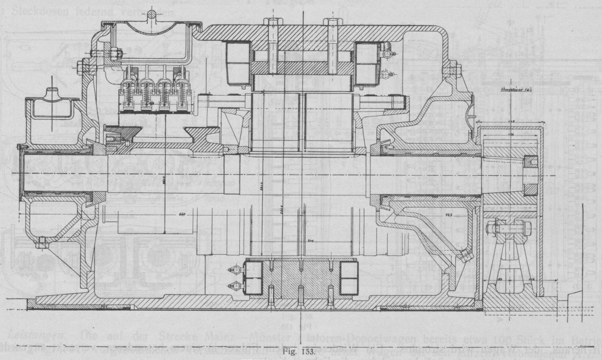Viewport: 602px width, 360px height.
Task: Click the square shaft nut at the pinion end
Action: coord(530,176)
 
